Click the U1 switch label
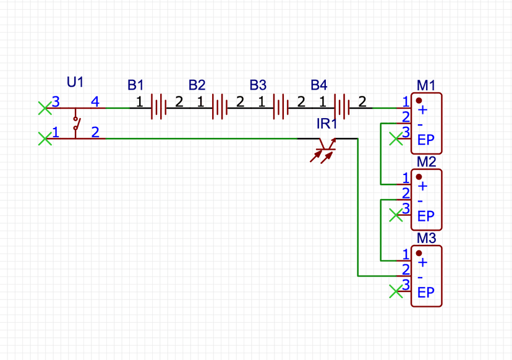click(75, 82)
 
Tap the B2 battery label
click(197, 84)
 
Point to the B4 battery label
click(319, 84)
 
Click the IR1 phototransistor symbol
click(325, 147)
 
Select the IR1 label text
click(327, 124)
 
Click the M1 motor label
click(427, 85)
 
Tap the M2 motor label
click(427, 161)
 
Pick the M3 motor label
click(427, 238)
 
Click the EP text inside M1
click(426, 140)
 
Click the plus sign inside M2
click(423, 186)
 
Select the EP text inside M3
click(426, 293)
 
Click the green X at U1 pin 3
click(44, 108)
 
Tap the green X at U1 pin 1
click(44, 139)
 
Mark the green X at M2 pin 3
click(395, 215)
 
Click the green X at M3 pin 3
click(395, 291)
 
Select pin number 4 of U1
click(95, 101)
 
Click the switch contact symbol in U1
click(75, 123)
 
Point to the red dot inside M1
click(419, 100)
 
